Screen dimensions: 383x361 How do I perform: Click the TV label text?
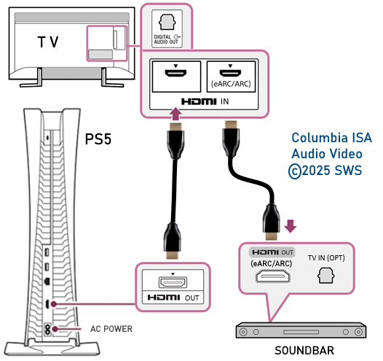coord(48,42)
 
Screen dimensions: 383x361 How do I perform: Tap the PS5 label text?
coord(98,139)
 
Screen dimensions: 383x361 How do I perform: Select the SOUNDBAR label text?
coord(304,351)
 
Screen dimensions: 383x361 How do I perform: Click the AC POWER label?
coord(111,329)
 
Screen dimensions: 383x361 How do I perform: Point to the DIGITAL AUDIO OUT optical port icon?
coord(167,23)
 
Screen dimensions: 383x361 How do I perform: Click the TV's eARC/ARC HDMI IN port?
coord(230,73)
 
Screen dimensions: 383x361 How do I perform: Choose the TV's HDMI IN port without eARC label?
coord(175,73)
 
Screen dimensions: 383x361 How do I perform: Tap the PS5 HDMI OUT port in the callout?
coord(173,282)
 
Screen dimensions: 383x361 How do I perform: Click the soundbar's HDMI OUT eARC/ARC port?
coord(272,276)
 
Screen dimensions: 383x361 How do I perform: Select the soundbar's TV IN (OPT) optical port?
coord(326,276)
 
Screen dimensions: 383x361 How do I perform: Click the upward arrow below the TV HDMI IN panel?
coord(175,114)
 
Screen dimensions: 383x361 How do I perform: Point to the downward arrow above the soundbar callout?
coord(291,226)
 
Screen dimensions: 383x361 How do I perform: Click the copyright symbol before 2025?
coord(295,171)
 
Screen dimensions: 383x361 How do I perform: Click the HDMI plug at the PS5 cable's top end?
coord(175,141)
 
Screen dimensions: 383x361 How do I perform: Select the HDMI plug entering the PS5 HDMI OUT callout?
coord(172,241)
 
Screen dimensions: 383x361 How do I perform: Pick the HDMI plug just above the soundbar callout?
coord(271,222)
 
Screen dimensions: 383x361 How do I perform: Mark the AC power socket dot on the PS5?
coord(55,329)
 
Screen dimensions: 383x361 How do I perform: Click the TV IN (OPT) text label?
coord(326,258)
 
